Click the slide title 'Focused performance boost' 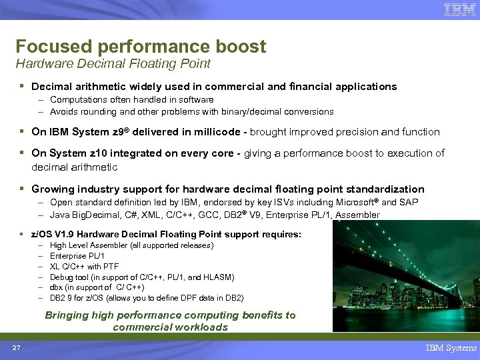tap(141, 47)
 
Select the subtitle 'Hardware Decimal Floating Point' tap(113, 64)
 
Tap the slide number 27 tap(15, 347)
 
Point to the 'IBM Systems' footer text tap(451, 347)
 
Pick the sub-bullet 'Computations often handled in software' tap(131, 100)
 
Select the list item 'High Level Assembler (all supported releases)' tap(131, 245)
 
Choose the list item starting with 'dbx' tap(106, 287)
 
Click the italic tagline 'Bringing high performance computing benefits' tap(170, 315)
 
